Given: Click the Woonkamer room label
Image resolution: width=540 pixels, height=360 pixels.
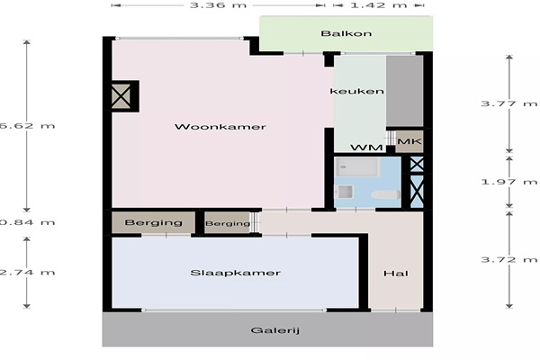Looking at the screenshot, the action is coord(220,127).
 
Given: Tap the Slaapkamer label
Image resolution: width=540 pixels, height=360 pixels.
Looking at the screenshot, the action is coord(235,273).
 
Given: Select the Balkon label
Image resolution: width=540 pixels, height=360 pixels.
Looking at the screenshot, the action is coord(346,33).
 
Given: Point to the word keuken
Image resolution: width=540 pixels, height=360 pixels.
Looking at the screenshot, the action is coord(356,91).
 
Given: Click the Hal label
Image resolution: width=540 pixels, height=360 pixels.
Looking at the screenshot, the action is coord(396,274).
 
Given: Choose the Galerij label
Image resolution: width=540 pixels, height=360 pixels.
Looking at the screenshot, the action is coord(274,330).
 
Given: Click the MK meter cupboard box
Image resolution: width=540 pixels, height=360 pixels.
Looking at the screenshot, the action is coord(409,141).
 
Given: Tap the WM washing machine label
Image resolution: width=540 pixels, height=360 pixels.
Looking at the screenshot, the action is coord(366,148).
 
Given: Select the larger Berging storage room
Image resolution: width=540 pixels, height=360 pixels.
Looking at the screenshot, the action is coord(154,222).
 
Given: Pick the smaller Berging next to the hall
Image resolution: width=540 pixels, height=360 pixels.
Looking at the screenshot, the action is coord(228,223).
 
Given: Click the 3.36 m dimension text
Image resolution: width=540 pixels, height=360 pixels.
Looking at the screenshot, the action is coord(218,5).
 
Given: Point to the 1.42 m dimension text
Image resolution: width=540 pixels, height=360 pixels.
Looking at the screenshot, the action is coord(379,5).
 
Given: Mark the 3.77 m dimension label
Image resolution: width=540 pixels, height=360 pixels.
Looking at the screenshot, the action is coord(509,103).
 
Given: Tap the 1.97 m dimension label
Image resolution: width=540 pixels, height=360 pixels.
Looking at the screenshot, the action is coord(509,182).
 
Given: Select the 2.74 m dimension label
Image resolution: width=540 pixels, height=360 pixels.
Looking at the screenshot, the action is coord(28,273).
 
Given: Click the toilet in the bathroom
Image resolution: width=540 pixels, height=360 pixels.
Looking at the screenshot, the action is coord(386,195).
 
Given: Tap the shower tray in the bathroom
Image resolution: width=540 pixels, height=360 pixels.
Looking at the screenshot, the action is coord(357,167).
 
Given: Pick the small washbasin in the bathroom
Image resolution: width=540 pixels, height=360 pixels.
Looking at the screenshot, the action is coord(345,192).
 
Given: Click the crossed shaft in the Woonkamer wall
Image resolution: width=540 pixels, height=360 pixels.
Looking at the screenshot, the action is coord(121,96).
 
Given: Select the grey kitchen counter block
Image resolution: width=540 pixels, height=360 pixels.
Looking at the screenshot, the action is coord(405,91).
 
